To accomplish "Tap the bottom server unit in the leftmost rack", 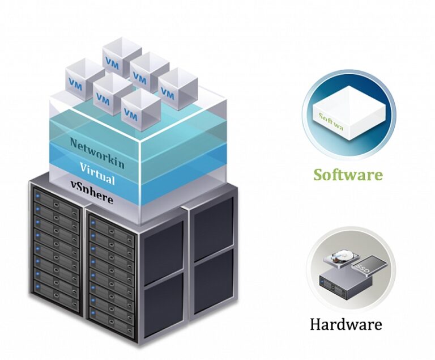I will click(57, 293).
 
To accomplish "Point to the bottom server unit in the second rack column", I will click(111, 326).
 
